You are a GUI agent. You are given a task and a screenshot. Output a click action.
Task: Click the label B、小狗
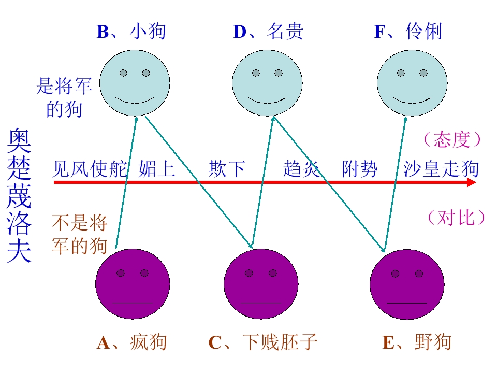click(x=131, y=32)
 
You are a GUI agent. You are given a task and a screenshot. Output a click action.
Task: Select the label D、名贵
click(x=268, y=32)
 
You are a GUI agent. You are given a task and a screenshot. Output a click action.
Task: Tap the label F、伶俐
click(x=408, y=32)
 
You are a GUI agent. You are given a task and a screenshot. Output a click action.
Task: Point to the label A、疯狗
click(x=131, y=342)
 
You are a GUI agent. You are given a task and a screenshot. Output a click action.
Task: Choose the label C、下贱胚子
click(x=262, y=342)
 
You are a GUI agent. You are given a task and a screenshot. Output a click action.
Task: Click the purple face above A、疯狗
click(x=133, y=284)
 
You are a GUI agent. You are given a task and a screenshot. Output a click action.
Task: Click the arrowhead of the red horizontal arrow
click(x=471, y=182)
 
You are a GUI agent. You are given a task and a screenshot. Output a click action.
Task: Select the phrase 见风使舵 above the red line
click(x=89, y=169)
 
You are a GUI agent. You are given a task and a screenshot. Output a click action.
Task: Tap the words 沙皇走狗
click(x=441, y=169)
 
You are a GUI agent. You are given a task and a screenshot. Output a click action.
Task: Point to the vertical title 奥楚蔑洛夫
click(x=20, y=197)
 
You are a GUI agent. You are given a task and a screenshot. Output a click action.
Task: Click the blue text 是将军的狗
click(x=64, y=97)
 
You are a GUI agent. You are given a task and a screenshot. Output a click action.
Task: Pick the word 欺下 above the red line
click(x=227, y=169)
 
